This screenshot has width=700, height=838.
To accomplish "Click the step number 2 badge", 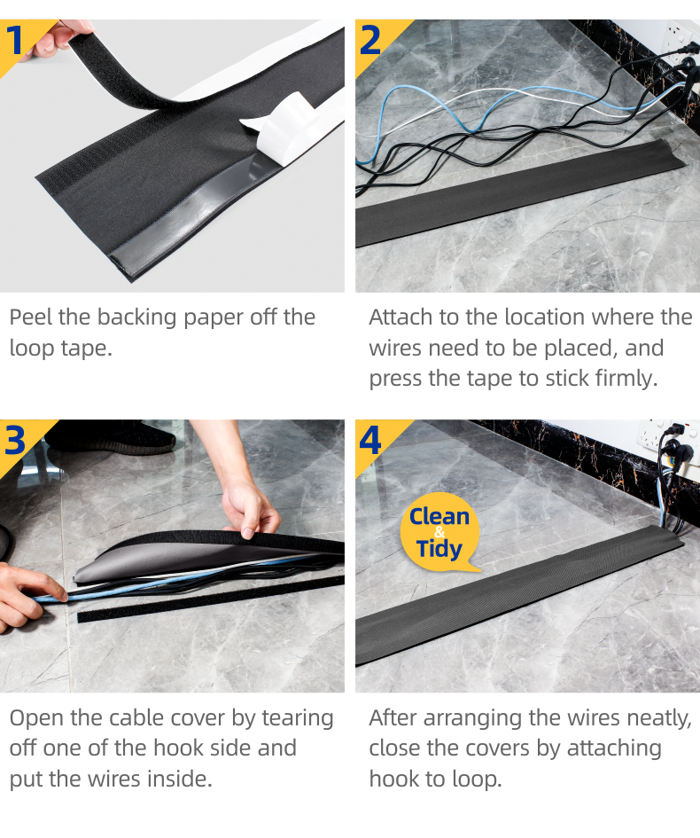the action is [374, 42].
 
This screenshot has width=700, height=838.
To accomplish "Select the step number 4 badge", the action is [374, 442].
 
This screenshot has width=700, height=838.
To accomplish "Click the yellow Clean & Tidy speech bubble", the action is [439, 532].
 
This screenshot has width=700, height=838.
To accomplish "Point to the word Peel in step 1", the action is [31, 317].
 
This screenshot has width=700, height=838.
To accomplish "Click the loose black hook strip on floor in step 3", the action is [210, 599].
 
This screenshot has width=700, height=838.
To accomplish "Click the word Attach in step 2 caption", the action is [401, 317].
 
